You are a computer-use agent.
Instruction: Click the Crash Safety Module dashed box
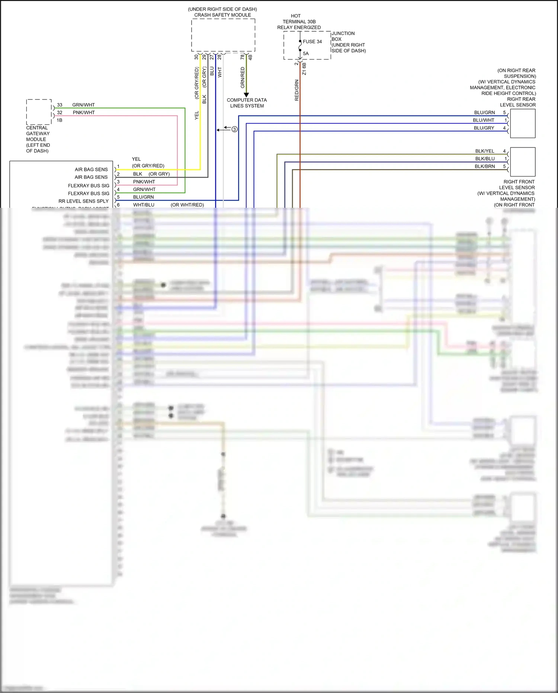(223, 35)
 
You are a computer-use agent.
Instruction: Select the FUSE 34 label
(312, 42)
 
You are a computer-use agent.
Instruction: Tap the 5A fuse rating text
(306, 54)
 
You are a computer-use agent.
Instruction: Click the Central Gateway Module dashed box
(39, 112)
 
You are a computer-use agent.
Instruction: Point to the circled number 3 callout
(234, 129)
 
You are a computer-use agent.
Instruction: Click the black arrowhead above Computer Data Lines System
(246, 95)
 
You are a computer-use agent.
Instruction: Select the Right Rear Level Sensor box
(523, 124)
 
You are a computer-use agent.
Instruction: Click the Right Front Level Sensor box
(523, 162)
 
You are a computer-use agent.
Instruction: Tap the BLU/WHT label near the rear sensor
(483, 120)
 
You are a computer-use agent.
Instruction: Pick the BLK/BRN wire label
(484, 166)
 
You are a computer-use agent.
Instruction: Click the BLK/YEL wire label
(484, 151)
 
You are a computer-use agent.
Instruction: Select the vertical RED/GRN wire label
(297, 90)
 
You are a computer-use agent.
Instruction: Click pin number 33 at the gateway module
(60, 105)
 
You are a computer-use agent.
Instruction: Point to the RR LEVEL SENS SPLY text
(83, 201)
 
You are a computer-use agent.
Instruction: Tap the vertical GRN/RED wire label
(243, 77)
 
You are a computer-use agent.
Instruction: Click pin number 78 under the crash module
(243, 57)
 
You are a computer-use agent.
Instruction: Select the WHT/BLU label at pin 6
(144, 205)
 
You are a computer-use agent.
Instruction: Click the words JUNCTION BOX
(343, 36)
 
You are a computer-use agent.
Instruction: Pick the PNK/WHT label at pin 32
(84, 112)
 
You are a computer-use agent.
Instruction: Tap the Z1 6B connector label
(304, 69)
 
